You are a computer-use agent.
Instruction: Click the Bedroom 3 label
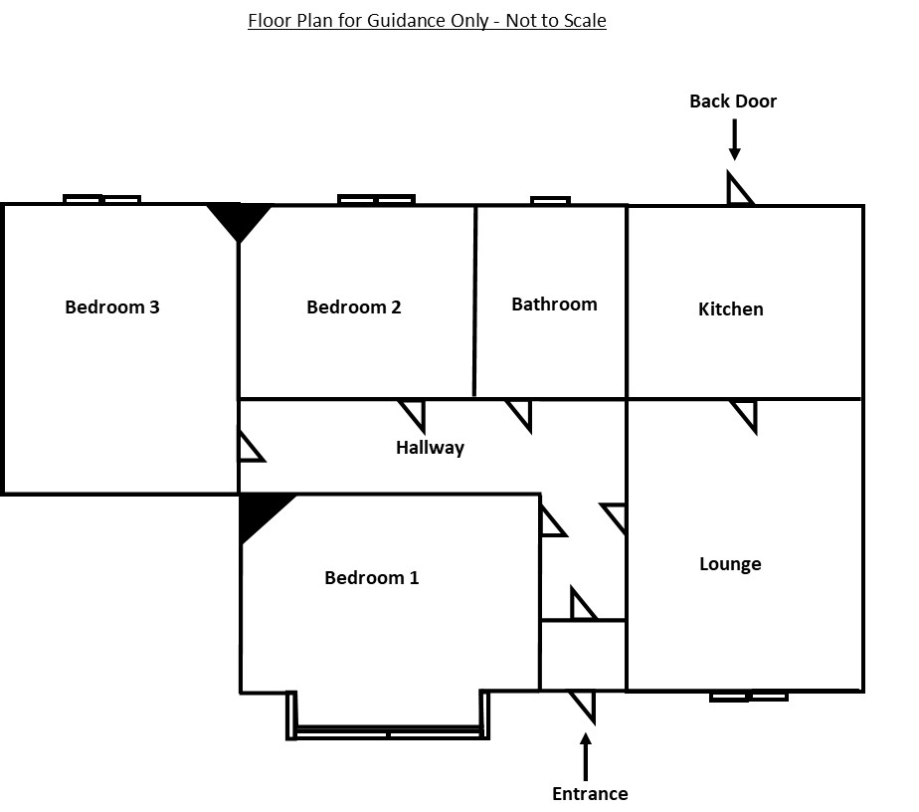pyautogui.click(x=112, y=306)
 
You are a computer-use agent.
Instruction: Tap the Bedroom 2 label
pyautogui.click(x=353, y=306)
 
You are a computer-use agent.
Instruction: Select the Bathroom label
pyautogui.click(x=554, y=304)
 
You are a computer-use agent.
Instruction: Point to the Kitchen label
pyautogui.click(x=730, y=308)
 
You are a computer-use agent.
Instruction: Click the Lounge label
pyautogui.click(x=730, y=564)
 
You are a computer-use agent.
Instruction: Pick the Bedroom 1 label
pyautogui.click(x=372, y=577)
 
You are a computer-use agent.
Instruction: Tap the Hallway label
pyautogui.click(x=430, y=448)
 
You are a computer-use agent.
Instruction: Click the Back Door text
pyautogui.click(x=733, y=101)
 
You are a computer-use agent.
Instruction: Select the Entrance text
pyautogui.click(x=590, y=793)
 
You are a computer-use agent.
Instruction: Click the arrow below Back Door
pyautogui.click(x=734, y=139)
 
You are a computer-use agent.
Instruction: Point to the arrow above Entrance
pyautogui.click(x=586, y=757)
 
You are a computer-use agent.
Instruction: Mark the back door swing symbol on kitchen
pyautogui.click(x=738, y=188)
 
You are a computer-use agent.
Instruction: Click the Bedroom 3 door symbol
pyautogui.click(x=251, y=448)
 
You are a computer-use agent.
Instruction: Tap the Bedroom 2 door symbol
pyautogui.click(x=414, y=416)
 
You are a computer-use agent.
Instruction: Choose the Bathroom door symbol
pyautogui.click(x=521, y=416)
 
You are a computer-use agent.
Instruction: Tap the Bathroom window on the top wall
pyautogui.click(x=550, y=201)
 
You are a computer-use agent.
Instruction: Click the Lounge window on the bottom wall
pyautogui.click(x=749, y=697)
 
